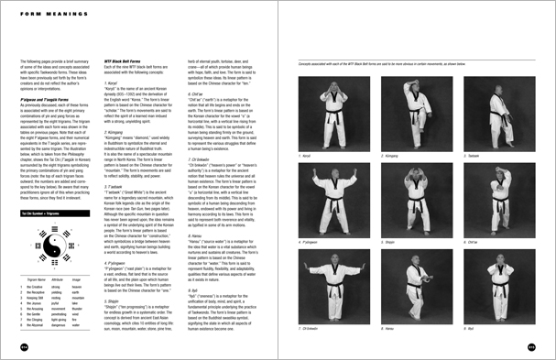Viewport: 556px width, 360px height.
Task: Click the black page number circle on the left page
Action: click(x=21, y=347)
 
